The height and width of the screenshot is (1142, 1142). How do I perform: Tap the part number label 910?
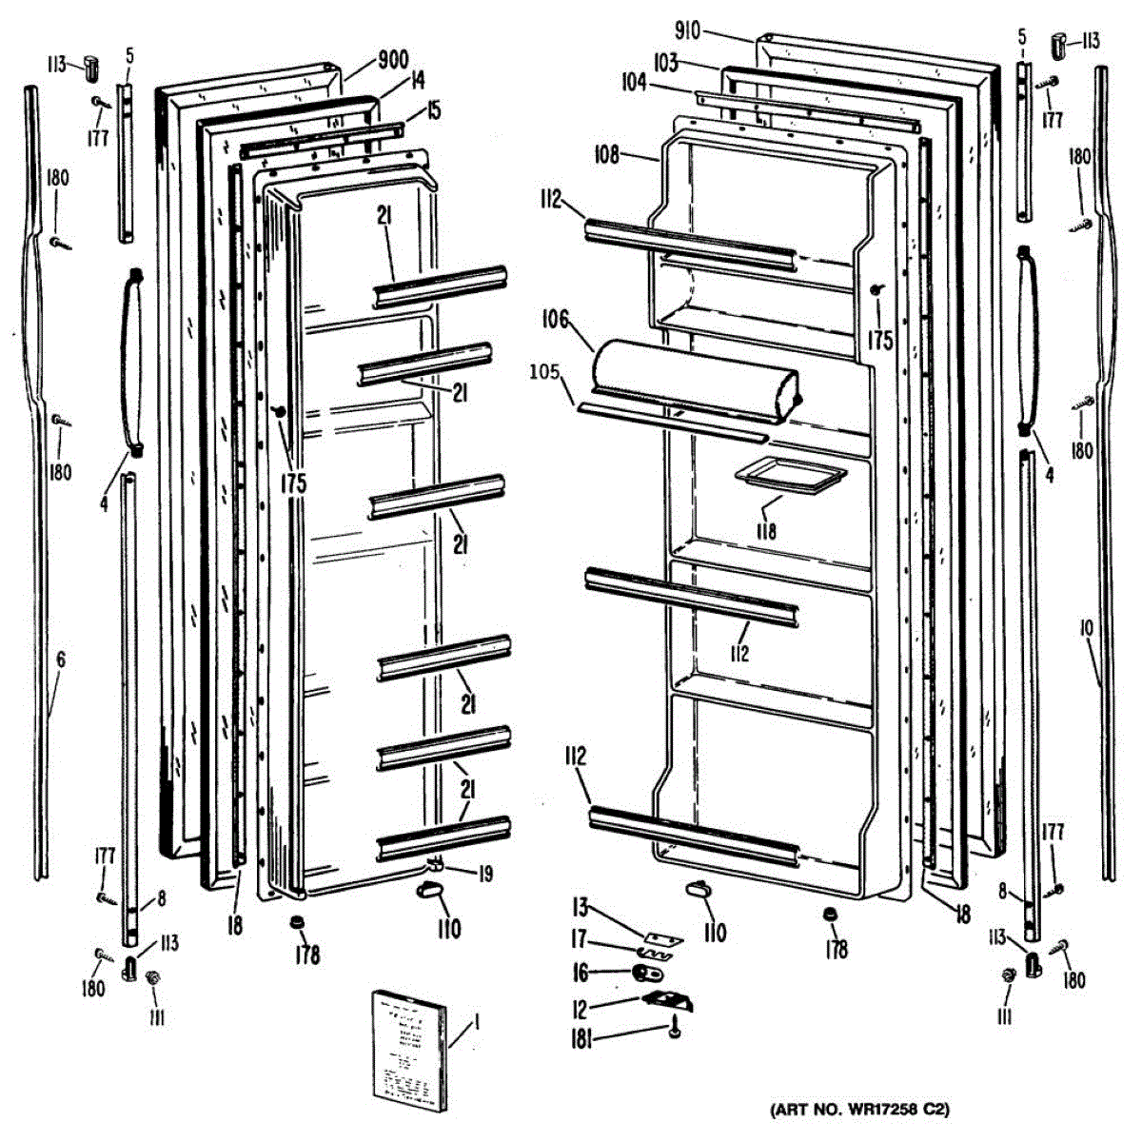(x=687, y=31)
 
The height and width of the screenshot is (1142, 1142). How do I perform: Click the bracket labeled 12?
(x=668, y=998)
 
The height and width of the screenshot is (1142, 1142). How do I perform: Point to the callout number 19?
(x=484, y=873)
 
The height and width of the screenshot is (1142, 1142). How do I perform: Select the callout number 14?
(x=416, y=82)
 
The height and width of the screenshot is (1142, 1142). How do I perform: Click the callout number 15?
(x=433, y=110)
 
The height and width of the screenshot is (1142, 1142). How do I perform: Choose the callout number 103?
(x=666, y=63)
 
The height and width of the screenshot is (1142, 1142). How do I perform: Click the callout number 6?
(x=61, y=659)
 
